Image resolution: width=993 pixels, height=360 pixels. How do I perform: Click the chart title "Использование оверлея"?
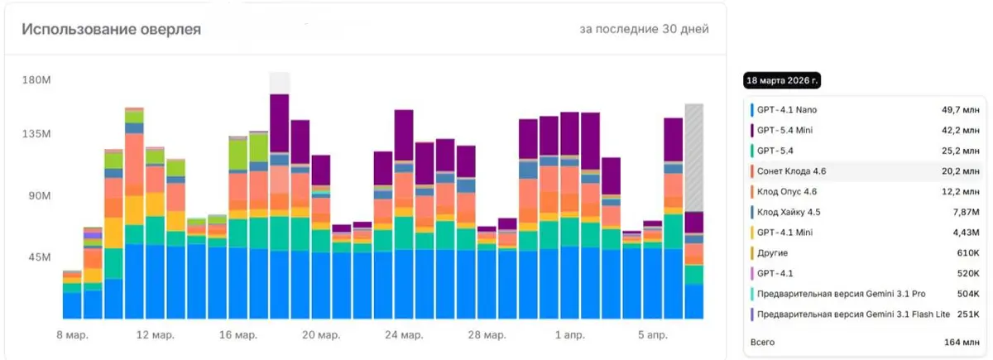pos(111,29)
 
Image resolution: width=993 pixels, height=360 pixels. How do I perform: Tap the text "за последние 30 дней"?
pos(644,29)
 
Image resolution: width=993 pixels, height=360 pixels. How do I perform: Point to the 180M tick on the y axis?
pos(36,79)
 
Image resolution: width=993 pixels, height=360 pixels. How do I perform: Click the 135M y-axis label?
pos(36,133)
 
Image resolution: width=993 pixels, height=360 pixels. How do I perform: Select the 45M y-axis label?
pos(40,257)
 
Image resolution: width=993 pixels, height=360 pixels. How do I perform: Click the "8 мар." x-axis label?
pos(72,334)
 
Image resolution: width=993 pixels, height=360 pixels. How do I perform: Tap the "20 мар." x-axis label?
pos(321,334)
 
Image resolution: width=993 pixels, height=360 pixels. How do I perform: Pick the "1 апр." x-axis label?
pos(569,334)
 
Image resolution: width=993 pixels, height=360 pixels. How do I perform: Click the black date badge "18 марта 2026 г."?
pos(782,81)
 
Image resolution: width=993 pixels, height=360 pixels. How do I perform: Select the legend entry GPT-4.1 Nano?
pos(786,110)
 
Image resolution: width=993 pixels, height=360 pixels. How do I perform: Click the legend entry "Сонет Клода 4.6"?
pos(791,171)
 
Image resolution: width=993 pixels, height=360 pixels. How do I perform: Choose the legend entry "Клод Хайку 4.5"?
pos(789,212)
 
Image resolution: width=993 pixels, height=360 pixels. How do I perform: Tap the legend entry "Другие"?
pos(772,252)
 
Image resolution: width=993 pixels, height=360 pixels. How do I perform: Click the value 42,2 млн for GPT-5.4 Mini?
pos(960,131)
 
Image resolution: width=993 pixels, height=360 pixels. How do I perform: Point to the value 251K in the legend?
pos(968,314)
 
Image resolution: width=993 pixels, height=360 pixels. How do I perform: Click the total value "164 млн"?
pos(962,343)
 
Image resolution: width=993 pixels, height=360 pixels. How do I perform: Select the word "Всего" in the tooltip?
pos(762,343)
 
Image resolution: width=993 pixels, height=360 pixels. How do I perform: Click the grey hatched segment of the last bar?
pos(693,158)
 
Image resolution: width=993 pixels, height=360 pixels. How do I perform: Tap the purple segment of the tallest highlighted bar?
pos(280,123)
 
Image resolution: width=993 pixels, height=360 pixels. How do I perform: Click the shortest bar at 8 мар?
pos(72,295)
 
